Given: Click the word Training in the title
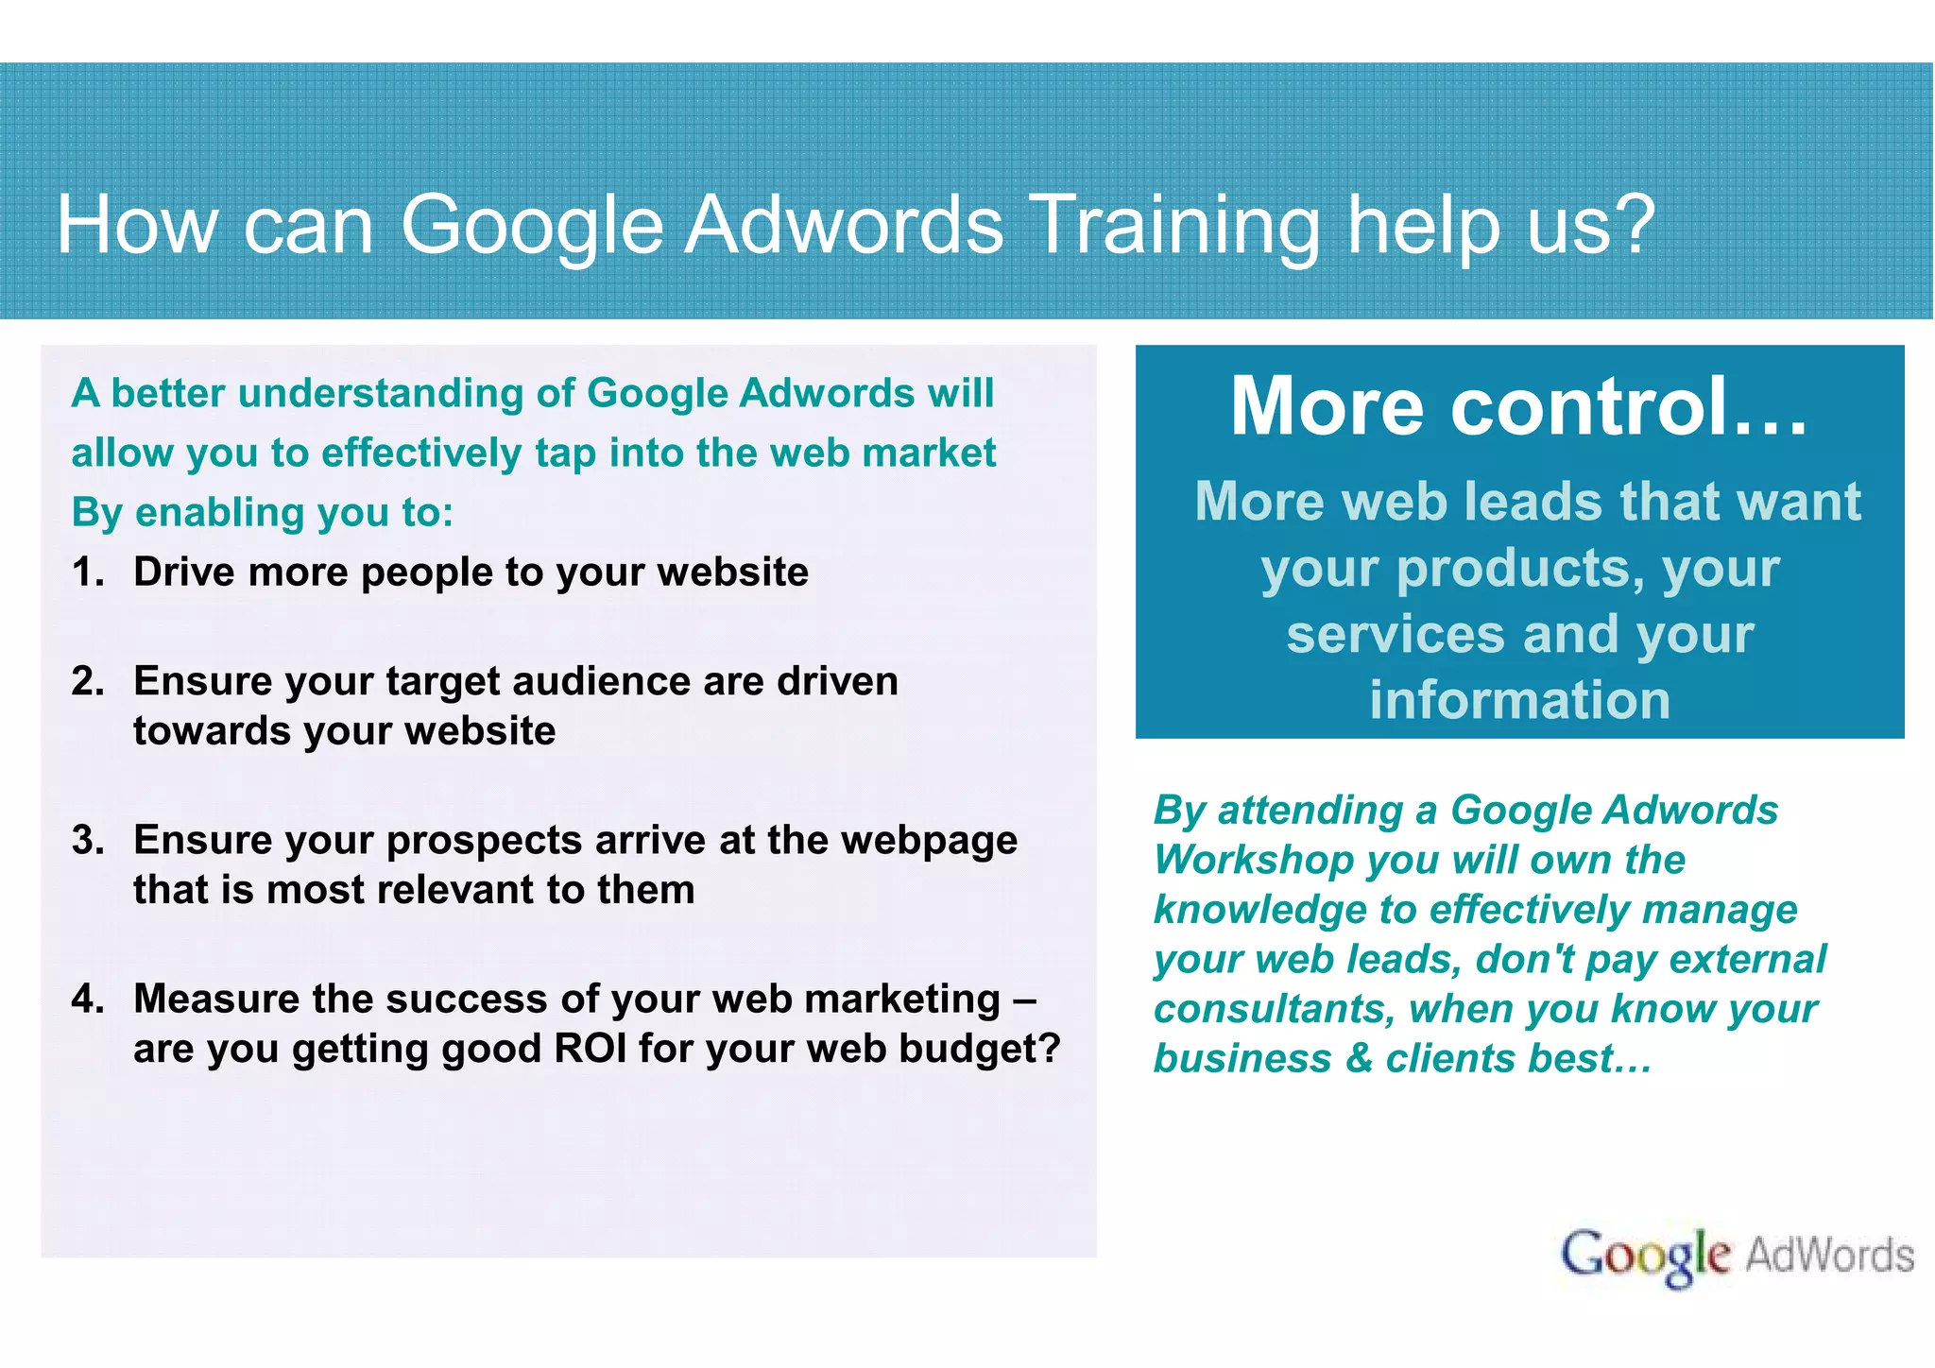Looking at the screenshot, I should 1173,227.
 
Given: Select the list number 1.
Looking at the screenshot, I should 87,573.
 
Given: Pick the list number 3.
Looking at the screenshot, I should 88,841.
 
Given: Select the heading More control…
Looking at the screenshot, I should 1518,406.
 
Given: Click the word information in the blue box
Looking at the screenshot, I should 1519,701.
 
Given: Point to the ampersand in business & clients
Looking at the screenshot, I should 1358,1059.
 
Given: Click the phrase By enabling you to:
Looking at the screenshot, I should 263,513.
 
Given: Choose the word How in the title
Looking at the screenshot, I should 136,227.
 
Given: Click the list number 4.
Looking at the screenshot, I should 88,1000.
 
